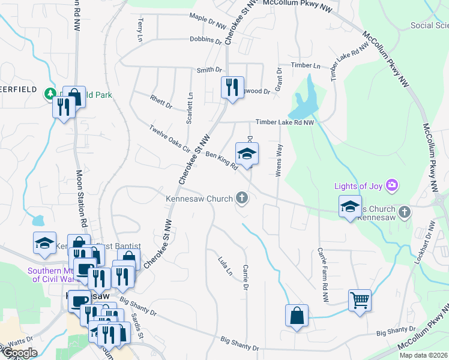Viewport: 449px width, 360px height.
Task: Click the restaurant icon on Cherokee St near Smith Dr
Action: click(x=231, y=87)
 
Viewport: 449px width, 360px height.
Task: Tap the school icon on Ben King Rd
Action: click(x=247, y=154)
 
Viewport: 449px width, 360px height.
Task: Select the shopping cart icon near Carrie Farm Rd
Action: click(x=360, y=299)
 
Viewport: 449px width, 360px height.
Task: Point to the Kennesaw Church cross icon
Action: click(x=242, y=197)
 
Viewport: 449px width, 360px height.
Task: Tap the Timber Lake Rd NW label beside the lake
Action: click(x=285, y=122)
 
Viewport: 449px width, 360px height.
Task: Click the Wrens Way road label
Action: click(x=279, y=160)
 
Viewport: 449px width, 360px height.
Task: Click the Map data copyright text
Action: click(x=424, y=355)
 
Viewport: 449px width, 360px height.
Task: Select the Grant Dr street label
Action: click(x=279, y=79)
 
